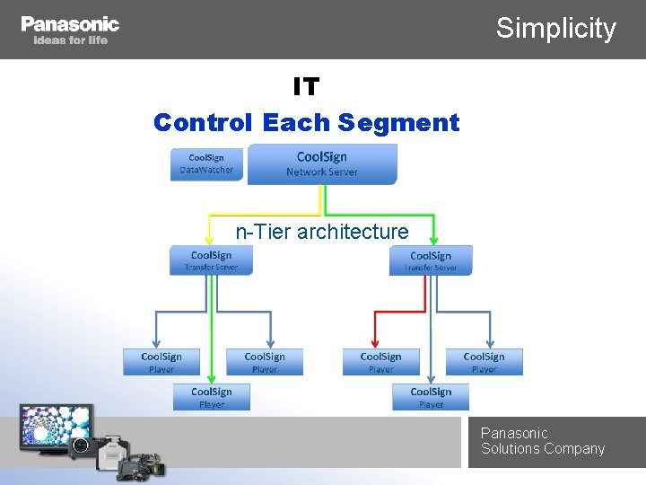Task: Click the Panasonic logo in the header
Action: [x=70, y=24]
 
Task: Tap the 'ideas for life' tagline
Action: [x=70, y=40]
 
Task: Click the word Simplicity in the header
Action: [x=556, y=28]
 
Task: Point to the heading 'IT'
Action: [x=306, y=87]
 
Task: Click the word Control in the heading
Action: [x=204, y=122]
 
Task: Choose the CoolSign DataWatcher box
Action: [x=206, y=163]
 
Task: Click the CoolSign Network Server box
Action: [x=322, y=163]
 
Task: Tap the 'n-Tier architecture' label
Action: [x=322, y=232]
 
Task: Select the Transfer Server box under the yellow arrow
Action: [x=212, y=260]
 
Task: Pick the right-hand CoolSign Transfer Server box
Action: [x=431, y=260]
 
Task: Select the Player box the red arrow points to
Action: [x=381, y=362]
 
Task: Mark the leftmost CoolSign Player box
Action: [x=161, y=362]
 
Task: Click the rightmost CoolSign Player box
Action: [x=484, y=362]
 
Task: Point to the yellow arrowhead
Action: [x=209, y=240]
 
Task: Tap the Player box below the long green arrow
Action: [x=212, y=397]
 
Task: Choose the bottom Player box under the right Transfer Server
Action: [x=431, y=397]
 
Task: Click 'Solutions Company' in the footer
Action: [x=543, y=449]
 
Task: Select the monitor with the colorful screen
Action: [x=57, y=425]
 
